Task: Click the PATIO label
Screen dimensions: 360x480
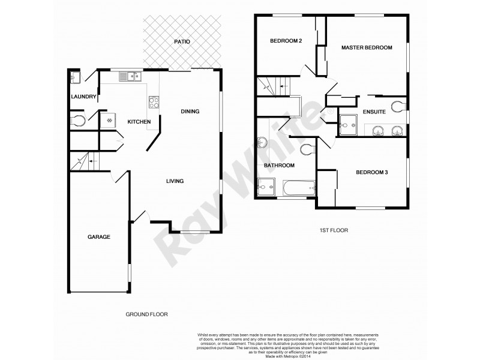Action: point(182,42)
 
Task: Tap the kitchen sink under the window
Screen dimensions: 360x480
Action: point(129,76)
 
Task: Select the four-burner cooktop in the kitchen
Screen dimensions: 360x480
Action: point(154,101)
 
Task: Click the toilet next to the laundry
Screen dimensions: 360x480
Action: point(77,121)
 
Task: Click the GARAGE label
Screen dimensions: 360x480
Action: point(99,237)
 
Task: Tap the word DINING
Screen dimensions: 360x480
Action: point(190,111)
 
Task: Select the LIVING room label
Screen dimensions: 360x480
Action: point(175,181)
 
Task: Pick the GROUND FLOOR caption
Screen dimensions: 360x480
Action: point(146,314)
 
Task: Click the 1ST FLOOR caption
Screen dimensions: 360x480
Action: point(334,230)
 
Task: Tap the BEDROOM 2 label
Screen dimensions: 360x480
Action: point(286,41)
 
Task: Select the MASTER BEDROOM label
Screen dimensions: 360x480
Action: point(367,47)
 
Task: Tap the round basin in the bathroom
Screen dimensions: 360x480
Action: point(263,143)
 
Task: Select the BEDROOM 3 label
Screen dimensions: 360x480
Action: point(372,173)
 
